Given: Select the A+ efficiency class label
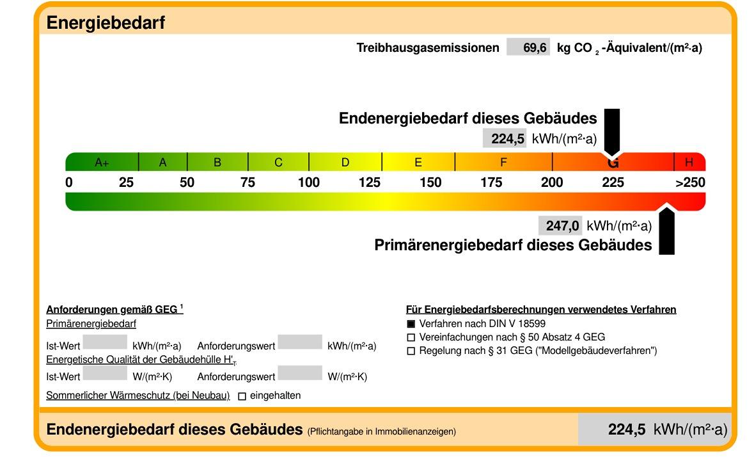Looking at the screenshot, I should (x=102, y=163).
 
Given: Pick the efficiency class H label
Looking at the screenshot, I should (x=689, y=163).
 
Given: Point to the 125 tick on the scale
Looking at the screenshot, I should (x=369, y=182).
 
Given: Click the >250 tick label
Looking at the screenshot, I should (x=690, y=182).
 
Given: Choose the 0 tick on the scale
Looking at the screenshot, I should (x=69, y=182).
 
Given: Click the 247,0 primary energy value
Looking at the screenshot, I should (x=562, y=226).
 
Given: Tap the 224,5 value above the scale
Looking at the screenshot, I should (x=508, y=139).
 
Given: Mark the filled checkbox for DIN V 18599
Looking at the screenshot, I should (x=411, y=324).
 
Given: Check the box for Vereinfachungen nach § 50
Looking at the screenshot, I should (x=411, y=337).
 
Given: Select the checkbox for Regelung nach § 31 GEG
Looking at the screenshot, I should (x=411, y=351).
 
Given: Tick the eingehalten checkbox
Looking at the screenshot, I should (x=242, y=396).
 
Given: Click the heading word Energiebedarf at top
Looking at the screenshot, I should (x=106, y=23).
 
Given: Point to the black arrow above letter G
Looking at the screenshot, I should (x=612, y=131).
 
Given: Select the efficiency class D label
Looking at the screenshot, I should (x=345, y=163).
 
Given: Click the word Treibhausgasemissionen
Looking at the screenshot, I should (x=427, y=48).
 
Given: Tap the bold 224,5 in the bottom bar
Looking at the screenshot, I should (x=627, y=429).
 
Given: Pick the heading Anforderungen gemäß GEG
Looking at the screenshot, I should (x=112, y=310).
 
